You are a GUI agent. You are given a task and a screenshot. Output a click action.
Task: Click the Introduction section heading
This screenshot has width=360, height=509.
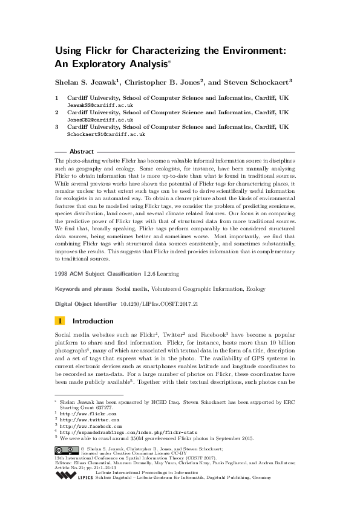(93, 321)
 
